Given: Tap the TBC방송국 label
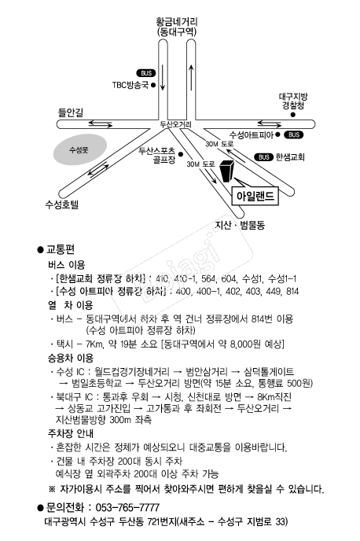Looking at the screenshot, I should [x=130, y=84].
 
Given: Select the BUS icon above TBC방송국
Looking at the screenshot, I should [x=146, y=72].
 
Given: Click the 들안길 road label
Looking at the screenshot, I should [x=70, y=113].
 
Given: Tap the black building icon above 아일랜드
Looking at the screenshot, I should [x=226, y=174].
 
